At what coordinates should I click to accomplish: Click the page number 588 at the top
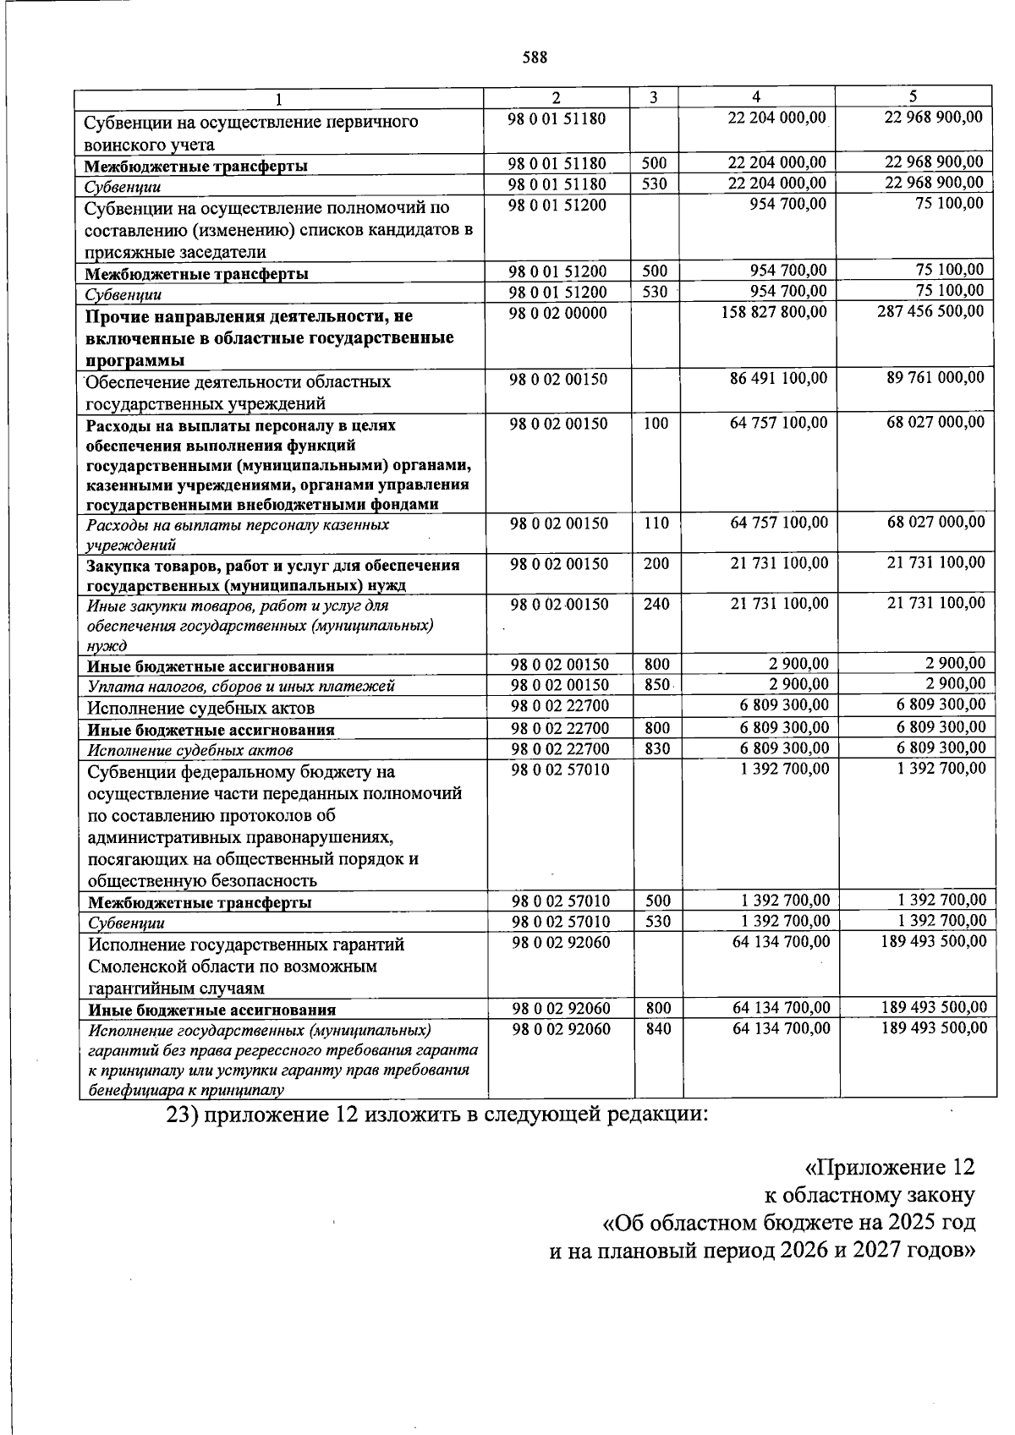tap(535, 58)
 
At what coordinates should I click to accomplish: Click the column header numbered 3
tap(653, 96)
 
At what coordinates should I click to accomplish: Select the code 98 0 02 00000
tap(557, 313)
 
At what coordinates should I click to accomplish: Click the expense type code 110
tap(656, 523)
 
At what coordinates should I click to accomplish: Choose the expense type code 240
tap(656, 604)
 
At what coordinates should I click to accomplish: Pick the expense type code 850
tap(656, 685)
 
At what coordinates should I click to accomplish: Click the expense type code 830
tap(656, 748)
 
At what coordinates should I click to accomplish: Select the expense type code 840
tap(657, 1028)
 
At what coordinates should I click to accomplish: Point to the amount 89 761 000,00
tap(935, 378)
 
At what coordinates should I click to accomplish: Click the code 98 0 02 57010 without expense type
tap(560, 770)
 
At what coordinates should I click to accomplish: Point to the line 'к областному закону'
tap(869, 1195)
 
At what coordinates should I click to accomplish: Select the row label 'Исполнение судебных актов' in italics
tap(190, 750)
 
